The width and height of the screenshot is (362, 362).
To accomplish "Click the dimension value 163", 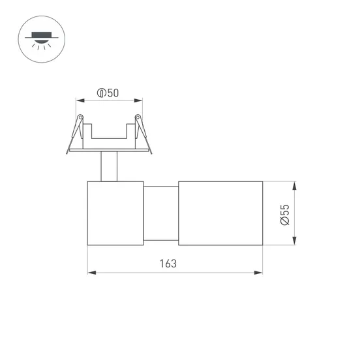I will [x=168, y=264].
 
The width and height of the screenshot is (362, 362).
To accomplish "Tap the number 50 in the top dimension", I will [x=113, y=93].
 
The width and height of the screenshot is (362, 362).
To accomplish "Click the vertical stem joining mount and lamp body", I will [x=109, y=166].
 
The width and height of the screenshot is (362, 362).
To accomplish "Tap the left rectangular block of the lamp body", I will [x=115, y=213].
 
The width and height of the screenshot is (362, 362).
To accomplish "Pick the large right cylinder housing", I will [x=220, y=213].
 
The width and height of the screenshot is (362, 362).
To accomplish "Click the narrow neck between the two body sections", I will [x=160, y=213].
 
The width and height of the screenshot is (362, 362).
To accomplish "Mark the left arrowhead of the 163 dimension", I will [x=91, y=272].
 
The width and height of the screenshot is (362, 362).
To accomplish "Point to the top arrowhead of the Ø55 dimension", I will [x=295, y=185].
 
